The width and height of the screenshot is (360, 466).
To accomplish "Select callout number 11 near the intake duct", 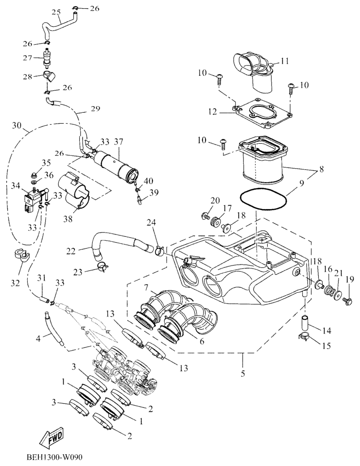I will [284, 62].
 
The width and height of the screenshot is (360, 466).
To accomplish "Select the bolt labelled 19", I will [346, 301].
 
